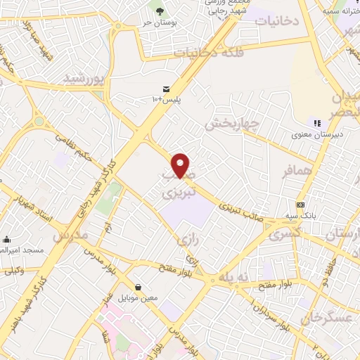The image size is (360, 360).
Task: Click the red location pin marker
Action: point(181,165)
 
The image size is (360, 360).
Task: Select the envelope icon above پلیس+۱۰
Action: point(166,89)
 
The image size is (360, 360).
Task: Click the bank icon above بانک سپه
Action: point(300,204)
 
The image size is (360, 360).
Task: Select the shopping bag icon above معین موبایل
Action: point(138,287)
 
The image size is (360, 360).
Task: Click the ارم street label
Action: point(108,229)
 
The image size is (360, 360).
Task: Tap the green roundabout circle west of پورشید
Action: point(39,122)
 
